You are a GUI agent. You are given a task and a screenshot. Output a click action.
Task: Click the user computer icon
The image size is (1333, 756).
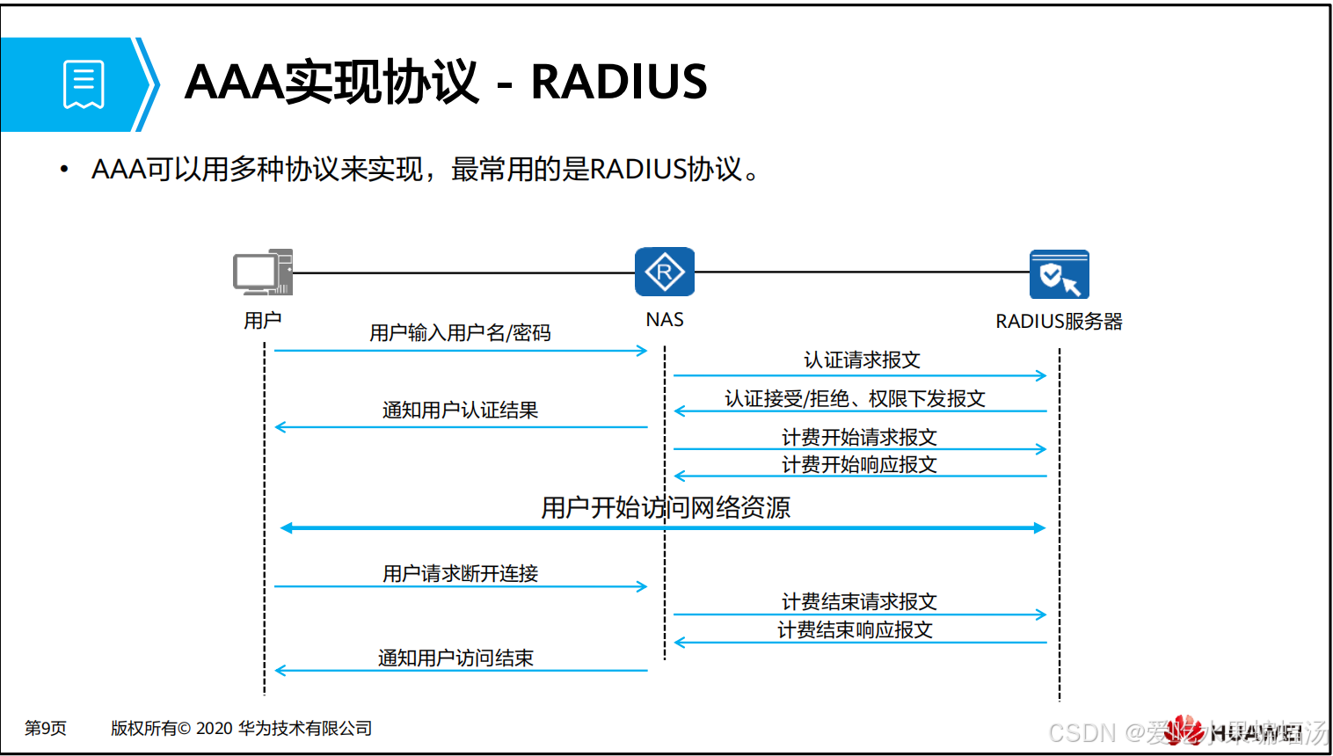pyautogui.click(x=262, y=273)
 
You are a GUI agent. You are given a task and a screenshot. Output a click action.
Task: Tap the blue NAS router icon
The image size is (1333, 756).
pyautogui.click(x=665, y=272)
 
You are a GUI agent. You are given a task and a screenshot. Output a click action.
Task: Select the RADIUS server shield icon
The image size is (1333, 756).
pyautogui.click(x=1060, y=274)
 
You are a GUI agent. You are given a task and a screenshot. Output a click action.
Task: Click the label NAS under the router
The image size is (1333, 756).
pyautogui.click(x=665, y=320)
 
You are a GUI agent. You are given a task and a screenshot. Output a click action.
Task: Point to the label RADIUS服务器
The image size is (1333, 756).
pyautogui.click(x=1059, y=322)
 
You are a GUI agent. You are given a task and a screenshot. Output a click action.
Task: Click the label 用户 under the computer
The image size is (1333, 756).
pyautogui.click(x=262, y=320)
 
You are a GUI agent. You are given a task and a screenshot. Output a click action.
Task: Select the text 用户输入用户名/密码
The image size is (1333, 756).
pyautogui.click(x=460, y=333)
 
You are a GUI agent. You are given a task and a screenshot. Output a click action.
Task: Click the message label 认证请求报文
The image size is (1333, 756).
pyautogui.click(x=862, y=360)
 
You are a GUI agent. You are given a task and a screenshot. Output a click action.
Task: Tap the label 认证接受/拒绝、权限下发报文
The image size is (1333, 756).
pyautogui.click(x=855, y=399)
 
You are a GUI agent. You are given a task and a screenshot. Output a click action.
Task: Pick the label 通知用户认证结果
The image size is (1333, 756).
pyautogui.click(x=460, y=411)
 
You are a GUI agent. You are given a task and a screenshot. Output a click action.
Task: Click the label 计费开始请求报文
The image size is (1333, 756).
pyautogui.click(x=859, y=437)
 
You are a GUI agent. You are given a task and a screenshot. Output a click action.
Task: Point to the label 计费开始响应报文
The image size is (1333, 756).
pyautogui.click(x=859, y=464)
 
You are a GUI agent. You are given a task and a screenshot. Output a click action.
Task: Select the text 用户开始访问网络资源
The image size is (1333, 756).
pyautogui.click(x=666, y=507)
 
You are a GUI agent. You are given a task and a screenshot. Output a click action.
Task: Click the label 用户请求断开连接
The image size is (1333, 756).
pyautogui.click(x=460, y=574)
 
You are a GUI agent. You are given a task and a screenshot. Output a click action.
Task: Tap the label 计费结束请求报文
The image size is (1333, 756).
pyautogui.click(x=859, y=602)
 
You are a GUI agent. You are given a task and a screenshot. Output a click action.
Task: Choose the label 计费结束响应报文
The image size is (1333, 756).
pyautogui.click(x=855, y=630)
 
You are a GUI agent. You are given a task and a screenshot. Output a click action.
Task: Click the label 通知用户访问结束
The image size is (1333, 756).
pyautogui.click(x=455, y=658)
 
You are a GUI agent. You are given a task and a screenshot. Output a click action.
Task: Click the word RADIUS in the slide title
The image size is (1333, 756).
pyautogui.click(x=619, y=83)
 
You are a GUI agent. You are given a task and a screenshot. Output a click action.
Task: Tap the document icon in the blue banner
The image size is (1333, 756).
pyautogui.click(x=84, y=84)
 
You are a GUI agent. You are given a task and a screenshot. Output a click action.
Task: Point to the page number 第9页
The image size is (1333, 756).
pyautogui.click(x=46, y=728)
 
